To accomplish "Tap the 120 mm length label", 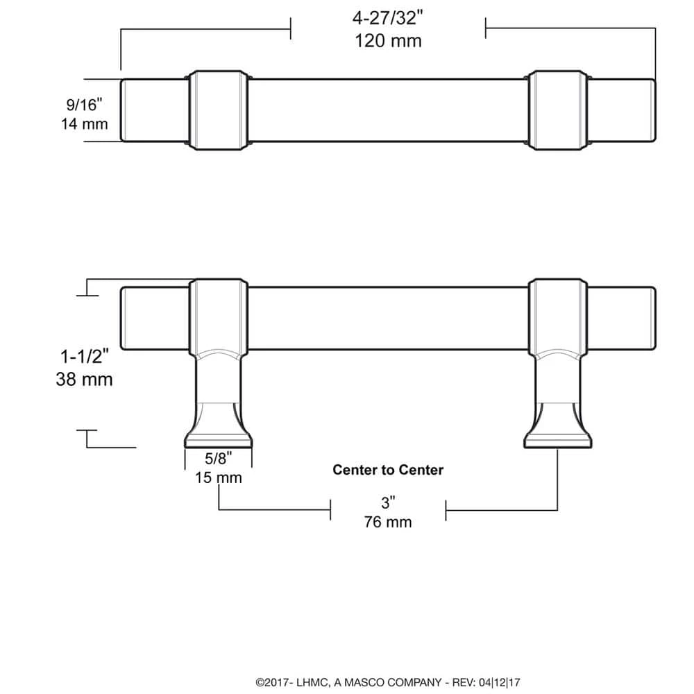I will (x=388, y=40).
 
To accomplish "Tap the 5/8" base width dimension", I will (x=218, y=458).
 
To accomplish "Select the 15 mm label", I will (x=218, y=477).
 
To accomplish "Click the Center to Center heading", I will (x=388, y=470).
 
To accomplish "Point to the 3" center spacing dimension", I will (x=388, y=502).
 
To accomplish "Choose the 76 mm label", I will (x=388, y=522).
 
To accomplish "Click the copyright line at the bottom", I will (x=388, y=683).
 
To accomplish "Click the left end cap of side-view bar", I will (x=154, y=316).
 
